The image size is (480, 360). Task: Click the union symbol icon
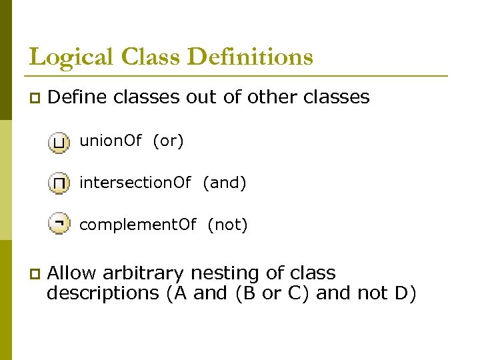pyautogui.click(x=59, y=142)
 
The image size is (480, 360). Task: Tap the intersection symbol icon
pyautogui.click(x=59, y=183)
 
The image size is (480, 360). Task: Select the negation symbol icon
pyautogui.click(x=59, y=225)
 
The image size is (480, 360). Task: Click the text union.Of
pyautogui.click(x=111, y=141)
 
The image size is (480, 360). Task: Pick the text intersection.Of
pyautogui.click(x=135, y=183)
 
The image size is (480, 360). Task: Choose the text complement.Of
pyautogui.click(x=138, y=225)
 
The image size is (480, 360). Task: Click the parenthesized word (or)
pyautogui.click(x=168, y=141)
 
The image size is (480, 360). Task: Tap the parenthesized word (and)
pyautogui.click(x=225, y=183)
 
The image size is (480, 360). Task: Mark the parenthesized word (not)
pyautogui.click(x=227, y=225)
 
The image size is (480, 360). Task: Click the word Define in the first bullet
pyautogui.click(x=78, y=97)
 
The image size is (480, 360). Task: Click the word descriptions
pyautogui.click(x=103, y=293)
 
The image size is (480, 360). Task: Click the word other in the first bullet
pyautogui.click(x=273, y=97)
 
